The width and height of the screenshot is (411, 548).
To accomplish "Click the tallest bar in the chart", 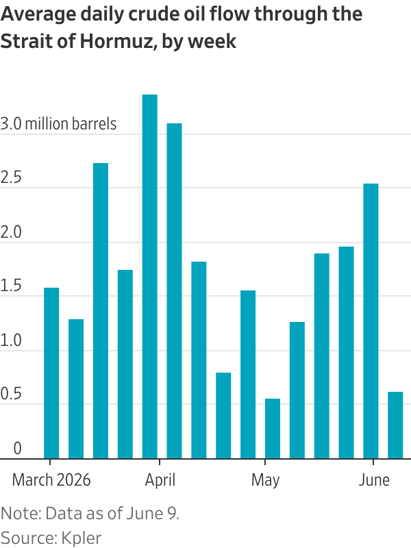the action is pyautogui.click(x=149, y=277).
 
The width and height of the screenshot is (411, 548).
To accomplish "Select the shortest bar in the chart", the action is pyautogui.click(x=273, y=429).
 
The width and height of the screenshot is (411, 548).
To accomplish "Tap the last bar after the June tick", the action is pyautogui.click(x=395, y=425).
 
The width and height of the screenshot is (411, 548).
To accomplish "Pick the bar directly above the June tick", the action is pyautogui.click(x=371, y=321).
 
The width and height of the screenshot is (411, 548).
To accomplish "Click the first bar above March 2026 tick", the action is pyautogui.click(x=51, y=373).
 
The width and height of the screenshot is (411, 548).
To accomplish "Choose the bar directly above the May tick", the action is pyautogui.click(x=273, y=429).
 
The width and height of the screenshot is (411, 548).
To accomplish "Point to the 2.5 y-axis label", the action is pyautogui.click(x=11, y=177).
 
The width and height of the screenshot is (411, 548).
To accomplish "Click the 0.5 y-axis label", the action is pyautogui.click(x=11, y=394).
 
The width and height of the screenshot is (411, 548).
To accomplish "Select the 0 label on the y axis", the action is pyautogui.click(x=17, y=448).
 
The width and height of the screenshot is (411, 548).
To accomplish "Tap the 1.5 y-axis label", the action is pyautogui.click(x=11, y=286).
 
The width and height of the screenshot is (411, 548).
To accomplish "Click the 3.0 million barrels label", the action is pyautogui.click(x=58, y=124).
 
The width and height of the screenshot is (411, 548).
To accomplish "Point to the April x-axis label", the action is pyautogui.click(x=160, y=480).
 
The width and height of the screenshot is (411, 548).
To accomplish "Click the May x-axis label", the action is pyautogui.click(x=265, y=481).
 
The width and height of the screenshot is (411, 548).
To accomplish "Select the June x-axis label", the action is pyautogui.click(x=374, y=480).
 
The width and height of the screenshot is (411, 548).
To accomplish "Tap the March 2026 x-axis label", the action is pyautogui.click(x=51, y=480).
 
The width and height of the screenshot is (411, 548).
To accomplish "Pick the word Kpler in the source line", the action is pyautogui.click(x=82, y=538).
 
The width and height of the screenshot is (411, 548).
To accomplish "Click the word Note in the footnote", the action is pyautogui.click(x=21, y=513).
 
